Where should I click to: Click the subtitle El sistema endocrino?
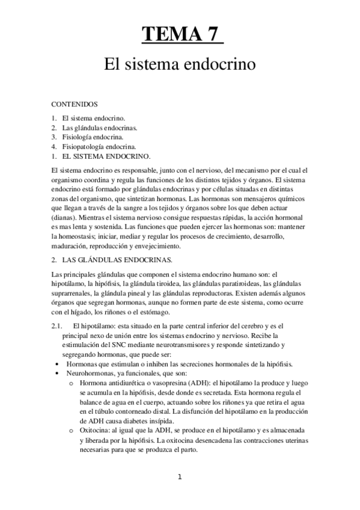[180, 63]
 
